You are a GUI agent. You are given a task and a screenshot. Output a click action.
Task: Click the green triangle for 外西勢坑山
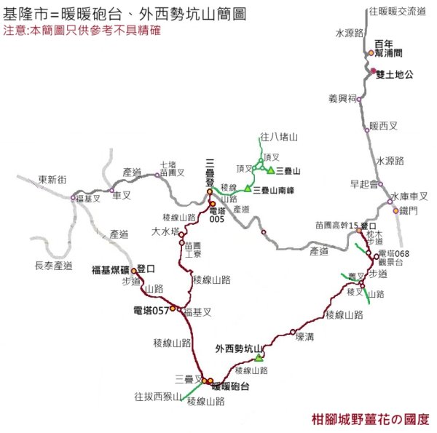[259, 357]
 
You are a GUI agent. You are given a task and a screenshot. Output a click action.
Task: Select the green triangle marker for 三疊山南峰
[248, 189]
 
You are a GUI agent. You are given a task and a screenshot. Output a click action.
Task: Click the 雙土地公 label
[394, 74]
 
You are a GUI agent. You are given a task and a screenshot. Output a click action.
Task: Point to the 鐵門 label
[410, 211]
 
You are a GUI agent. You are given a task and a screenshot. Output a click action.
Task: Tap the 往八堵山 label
[279, 136]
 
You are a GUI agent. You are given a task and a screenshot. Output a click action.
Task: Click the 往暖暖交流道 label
[397, 11]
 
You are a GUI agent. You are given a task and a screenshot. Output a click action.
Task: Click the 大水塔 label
[165, 233]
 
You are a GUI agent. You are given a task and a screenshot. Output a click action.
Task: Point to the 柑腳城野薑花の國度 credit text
[369, 420]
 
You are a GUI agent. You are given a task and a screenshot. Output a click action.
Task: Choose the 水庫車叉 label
[408, 196]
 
